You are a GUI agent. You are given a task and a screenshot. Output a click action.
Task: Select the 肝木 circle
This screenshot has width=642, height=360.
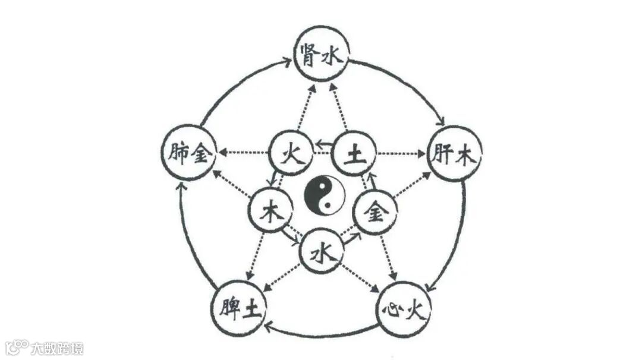coord(455,154)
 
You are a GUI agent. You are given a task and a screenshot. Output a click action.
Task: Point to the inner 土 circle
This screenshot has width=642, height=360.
coord(354,153)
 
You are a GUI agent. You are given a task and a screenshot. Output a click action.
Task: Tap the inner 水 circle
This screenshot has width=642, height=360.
coord(321,254)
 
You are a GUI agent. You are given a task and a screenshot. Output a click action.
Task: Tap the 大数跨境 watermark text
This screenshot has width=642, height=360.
coord(57,348)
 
